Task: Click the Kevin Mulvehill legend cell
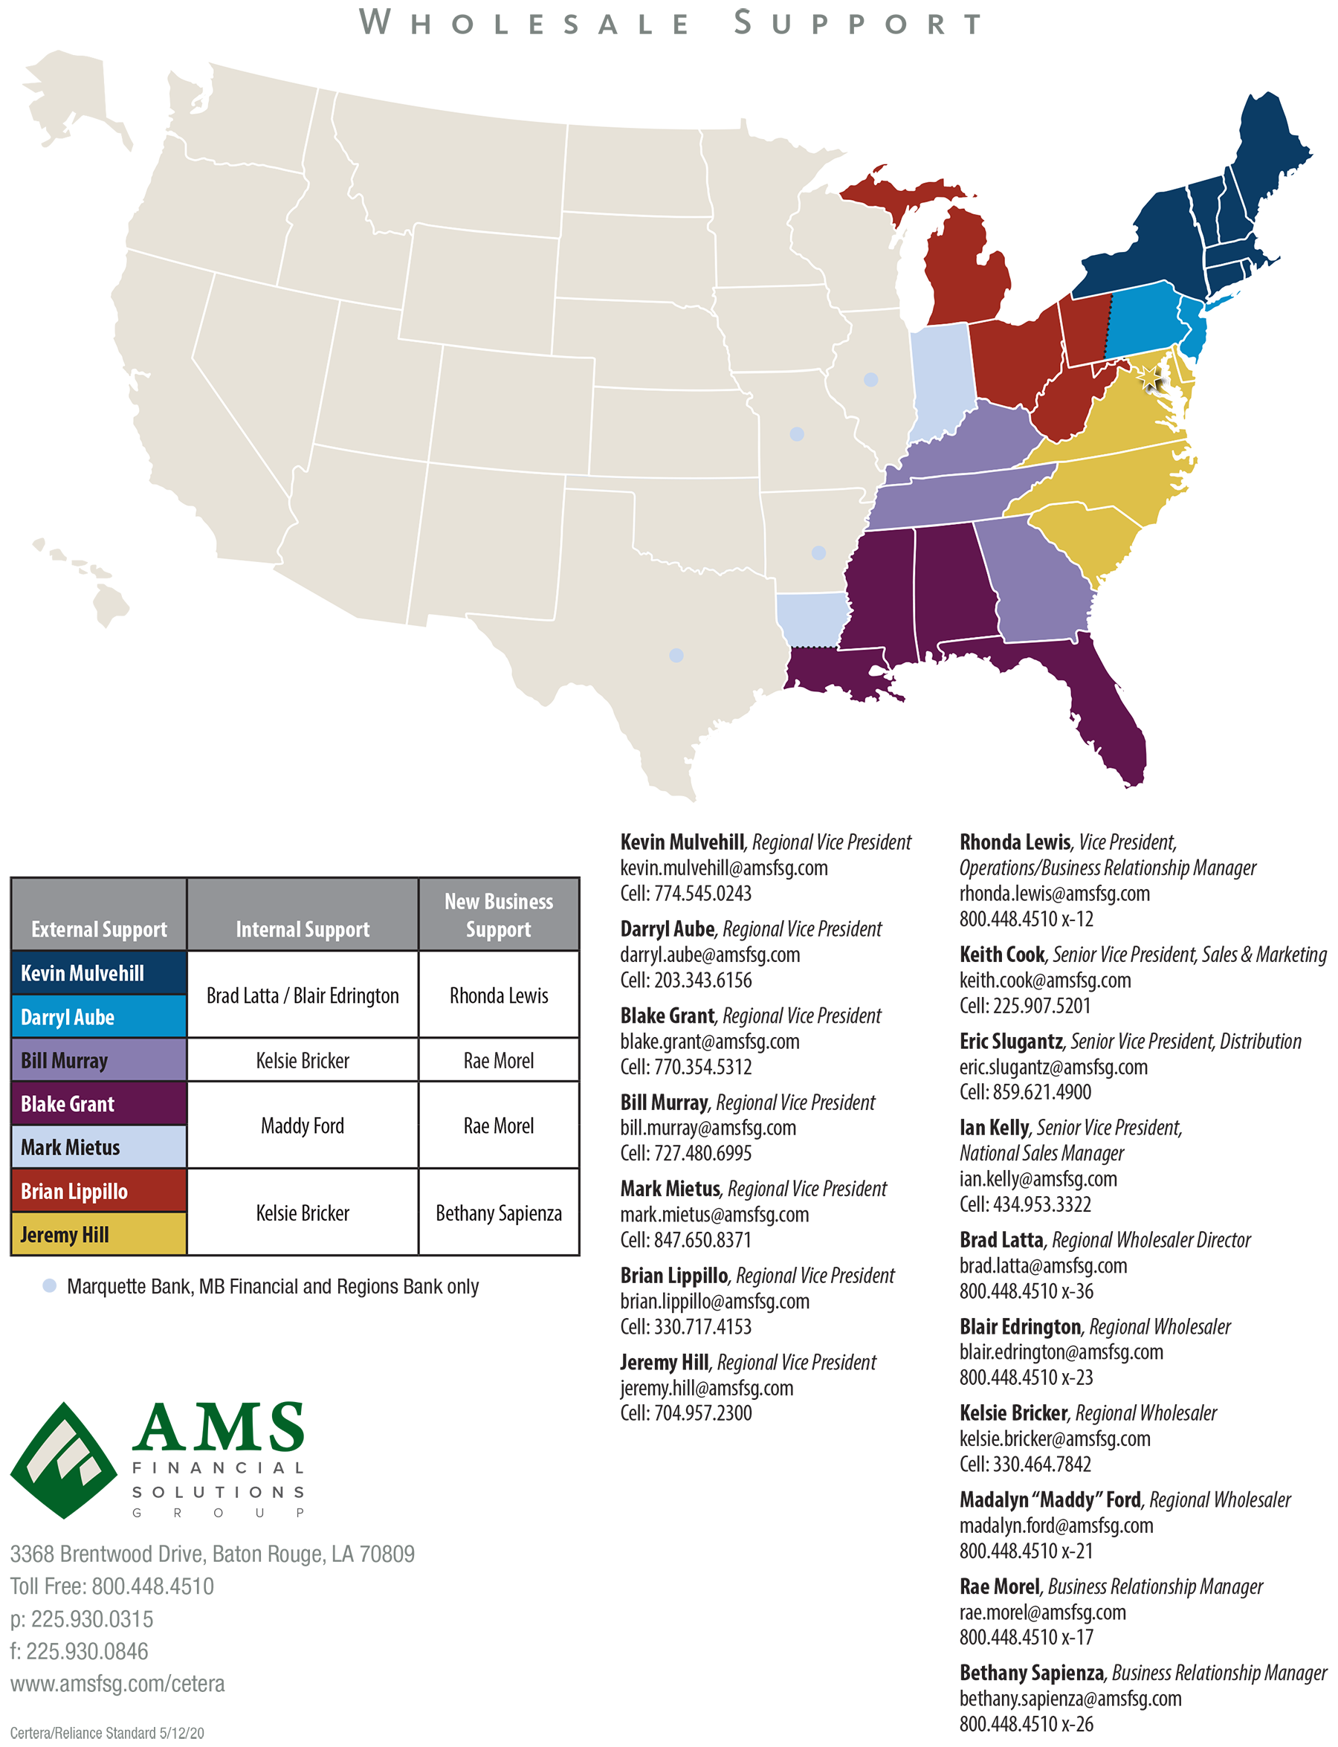99,972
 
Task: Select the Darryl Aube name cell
99,1016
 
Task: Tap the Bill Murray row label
99,1060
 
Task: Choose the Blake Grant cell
99,1103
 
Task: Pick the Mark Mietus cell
99,1147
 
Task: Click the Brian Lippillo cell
99,1191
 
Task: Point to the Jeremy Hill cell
99,1234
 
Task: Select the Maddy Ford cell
303,1126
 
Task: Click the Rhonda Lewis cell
499,995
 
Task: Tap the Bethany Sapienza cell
499,1212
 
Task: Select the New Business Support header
499,914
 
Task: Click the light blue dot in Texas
676,655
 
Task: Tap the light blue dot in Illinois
871,380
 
